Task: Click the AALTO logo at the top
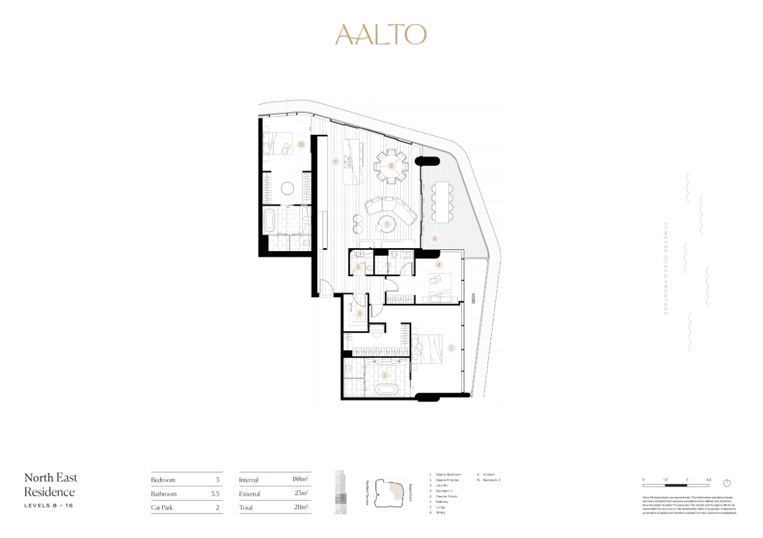pyautogui.click(x=381, y=35)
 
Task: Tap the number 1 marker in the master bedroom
pyautogui.click(x=451, y=348)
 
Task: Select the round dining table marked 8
pyautogui.click(x=391, y=166)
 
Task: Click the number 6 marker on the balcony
pyautogui.click(x=435, y=238)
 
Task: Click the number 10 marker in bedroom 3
pyautogui.click(x=301, y=144)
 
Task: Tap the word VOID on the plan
pyautogui.click(x=471, y=298)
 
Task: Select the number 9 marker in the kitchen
pyautogui.click(x=336, y=161)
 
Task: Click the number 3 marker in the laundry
pyautogui.click(x=359, y=313)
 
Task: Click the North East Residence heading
pyautogui.click(x=51, y=485)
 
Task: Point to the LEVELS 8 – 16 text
pyautogui.click(x=49, y=506)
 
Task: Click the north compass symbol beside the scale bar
pyautogui.click(x=727, y=483)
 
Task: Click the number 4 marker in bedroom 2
pyautogui.click(x=439, y=264)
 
